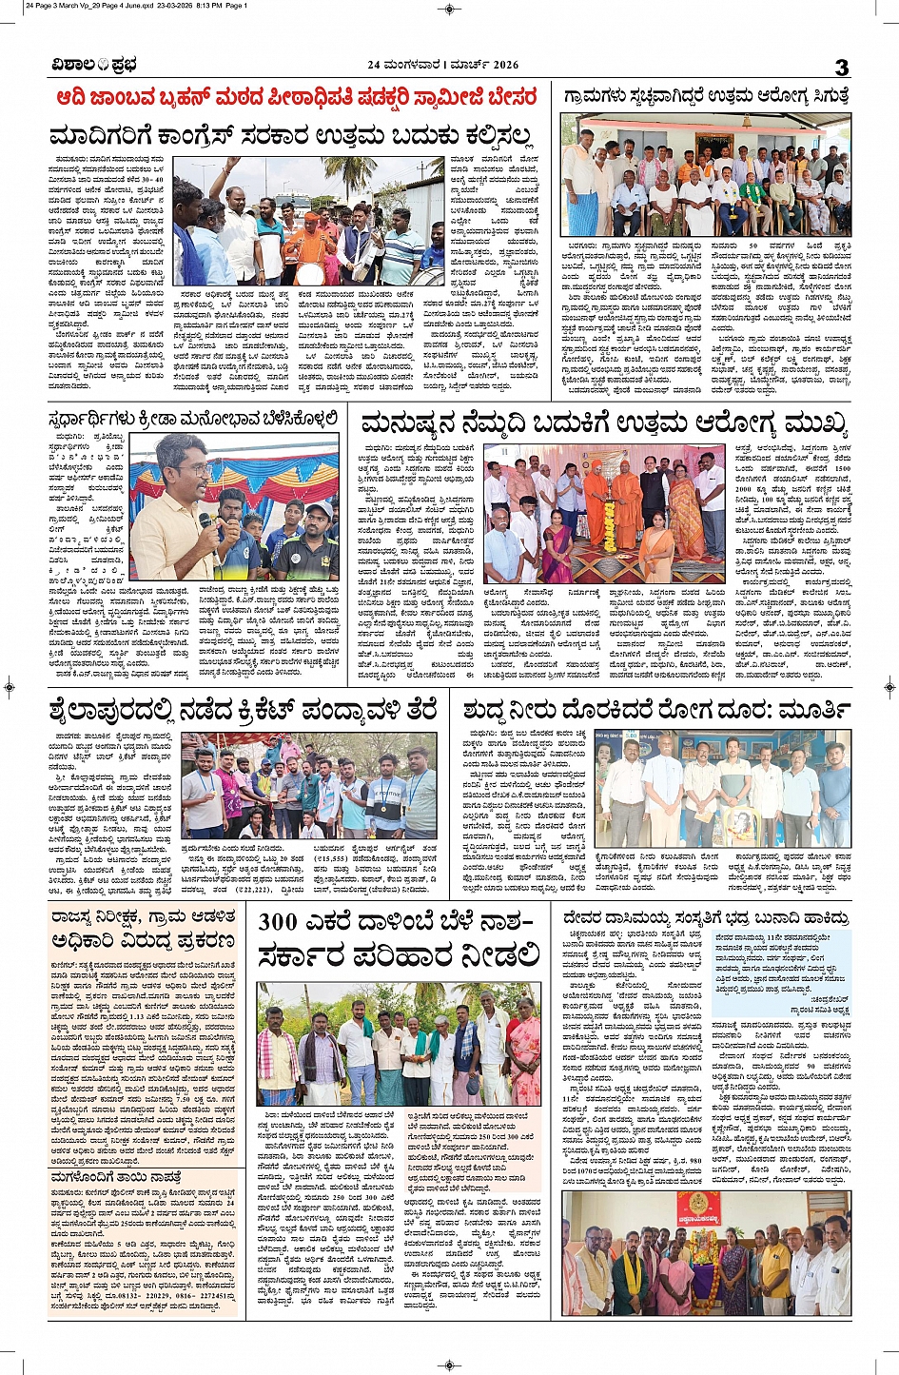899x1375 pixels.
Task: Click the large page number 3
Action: pos(841,66)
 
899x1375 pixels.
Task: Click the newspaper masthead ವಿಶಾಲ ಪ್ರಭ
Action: pos(94,65)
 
